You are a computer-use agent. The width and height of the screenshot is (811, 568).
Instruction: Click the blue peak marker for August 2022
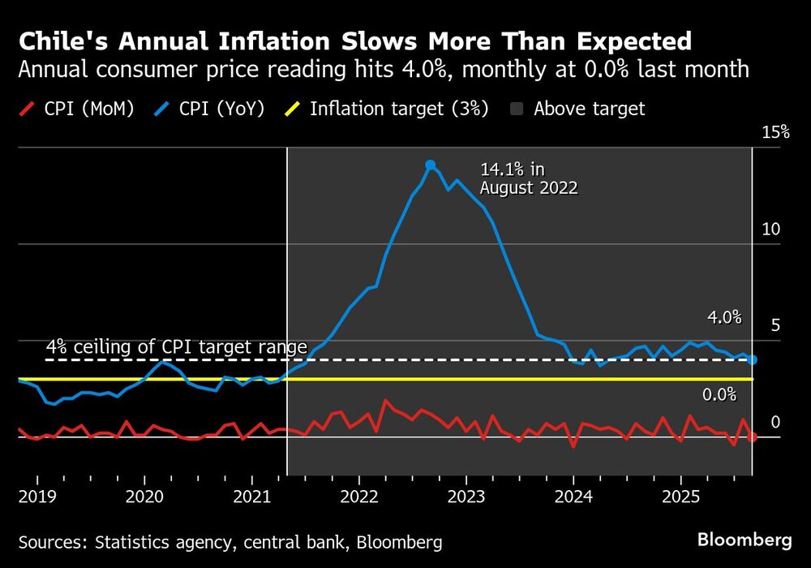pos(430,165)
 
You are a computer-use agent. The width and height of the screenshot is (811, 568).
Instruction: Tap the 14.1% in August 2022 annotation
pos(529,179)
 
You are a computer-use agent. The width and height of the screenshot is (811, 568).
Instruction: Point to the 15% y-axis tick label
pos(775,132)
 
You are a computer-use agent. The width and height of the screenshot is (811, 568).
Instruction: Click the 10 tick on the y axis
pos(770,230)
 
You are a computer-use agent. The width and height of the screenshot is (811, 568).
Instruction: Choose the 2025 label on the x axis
pos(681,495)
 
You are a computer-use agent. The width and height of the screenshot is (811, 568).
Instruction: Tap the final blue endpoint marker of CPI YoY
pos(753,359)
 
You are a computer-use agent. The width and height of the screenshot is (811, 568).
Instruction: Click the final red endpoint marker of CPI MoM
pos(753,437)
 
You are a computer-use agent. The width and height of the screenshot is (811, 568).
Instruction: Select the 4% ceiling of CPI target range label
pos(177,347)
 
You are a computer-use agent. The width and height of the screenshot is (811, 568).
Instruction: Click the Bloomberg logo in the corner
pos(744,540)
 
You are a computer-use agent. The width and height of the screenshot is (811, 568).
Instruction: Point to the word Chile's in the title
pos(62,41)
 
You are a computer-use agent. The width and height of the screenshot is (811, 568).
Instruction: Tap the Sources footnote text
pos(230,540)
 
